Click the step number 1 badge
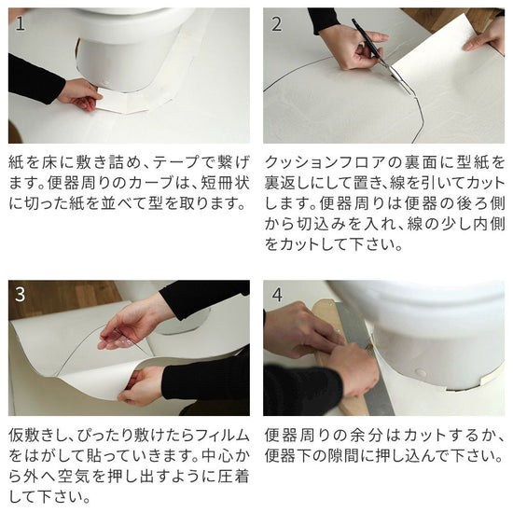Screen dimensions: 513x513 coord(21,23)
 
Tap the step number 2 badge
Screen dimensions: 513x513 coord(276,23)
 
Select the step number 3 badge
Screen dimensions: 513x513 coord(21,295)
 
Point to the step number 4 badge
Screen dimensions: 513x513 coord(276,295)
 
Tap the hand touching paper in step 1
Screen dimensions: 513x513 coord(79,93)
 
